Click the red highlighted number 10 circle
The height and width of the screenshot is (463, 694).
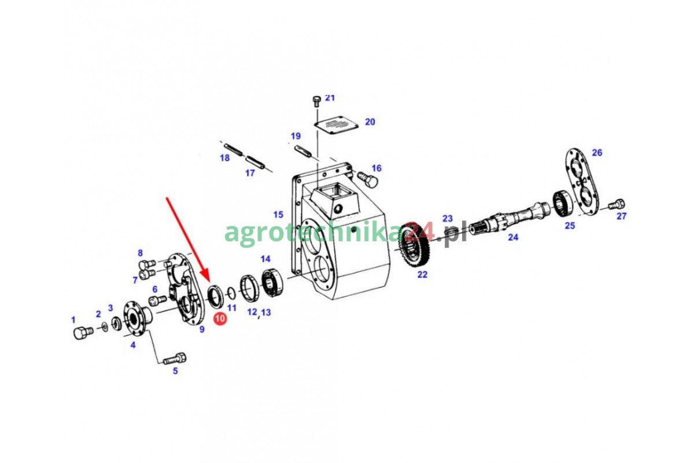pyautogui.click(x=220, y=319)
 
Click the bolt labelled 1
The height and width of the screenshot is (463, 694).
pyautogui.click(x=83, y=333)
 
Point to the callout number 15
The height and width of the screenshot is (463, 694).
pyautogui.click(x=278, y=214)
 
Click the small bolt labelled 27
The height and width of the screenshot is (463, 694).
pyautogui.click(x=617, y=204)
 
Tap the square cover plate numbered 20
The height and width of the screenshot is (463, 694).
pyautogui.click(x=336, y=125)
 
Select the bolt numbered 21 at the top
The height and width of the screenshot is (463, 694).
pyautogui.click(x=316, y=101)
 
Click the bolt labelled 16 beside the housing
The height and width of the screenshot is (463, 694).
pyautogui.click(x=368, y=179)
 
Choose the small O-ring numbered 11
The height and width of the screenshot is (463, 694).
pyautogui.click(x=231, y=293)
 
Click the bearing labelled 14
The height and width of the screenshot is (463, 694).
pyautogui.click(x=272, y=283)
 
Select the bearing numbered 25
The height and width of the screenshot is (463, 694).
pyautogui.click(x=563, y=204)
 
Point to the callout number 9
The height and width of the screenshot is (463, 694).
pyautogui.click(x=202, y=329)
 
